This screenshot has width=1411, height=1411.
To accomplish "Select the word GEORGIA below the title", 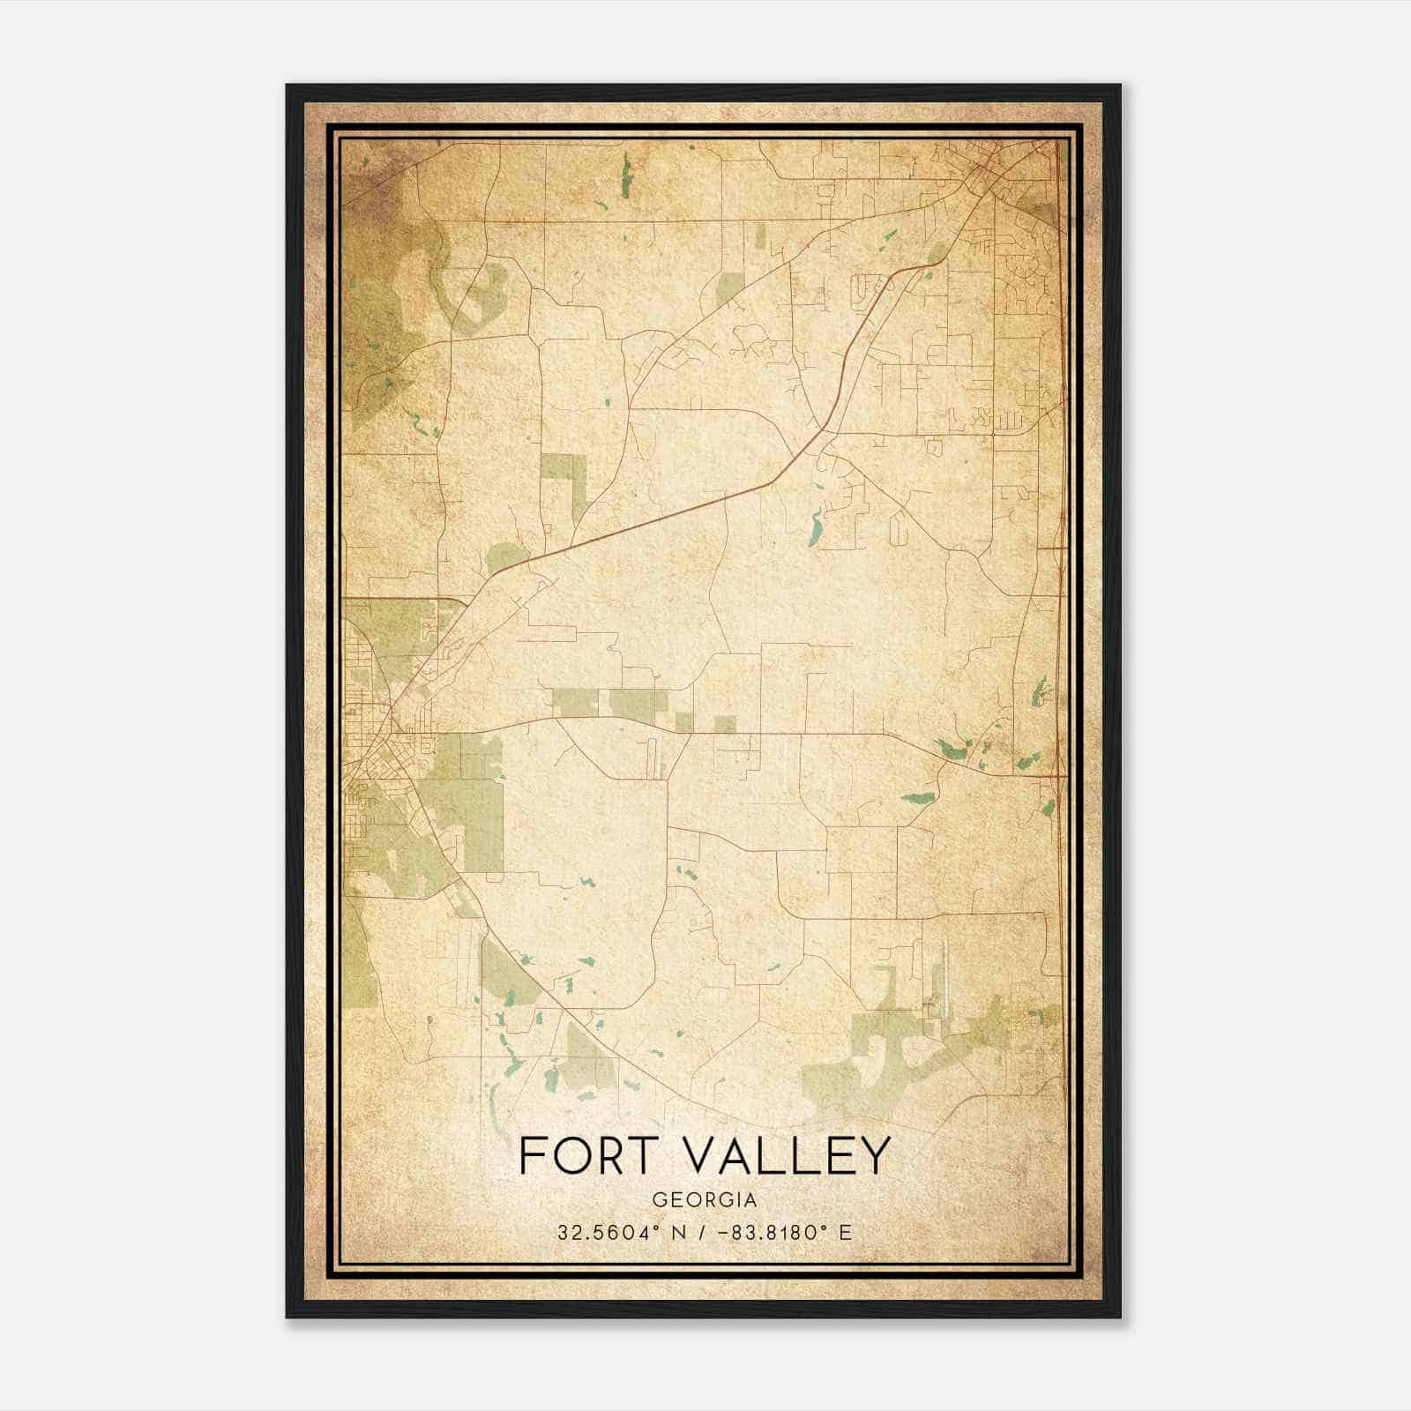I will (705, 1199).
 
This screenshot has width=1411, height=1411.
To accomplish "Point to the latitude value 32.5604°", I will (606, 1232).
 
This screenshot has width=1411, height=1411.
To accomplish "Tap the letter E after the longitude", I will (846, 1232).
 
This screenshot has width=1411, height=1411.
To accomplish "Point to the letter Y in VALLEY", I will (873, 1155).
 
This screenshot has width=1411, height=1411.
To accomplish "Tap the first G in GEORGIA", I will (659, 1199).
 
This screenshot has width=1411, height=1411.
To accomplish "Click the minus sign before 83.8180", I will (725, 1232).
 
